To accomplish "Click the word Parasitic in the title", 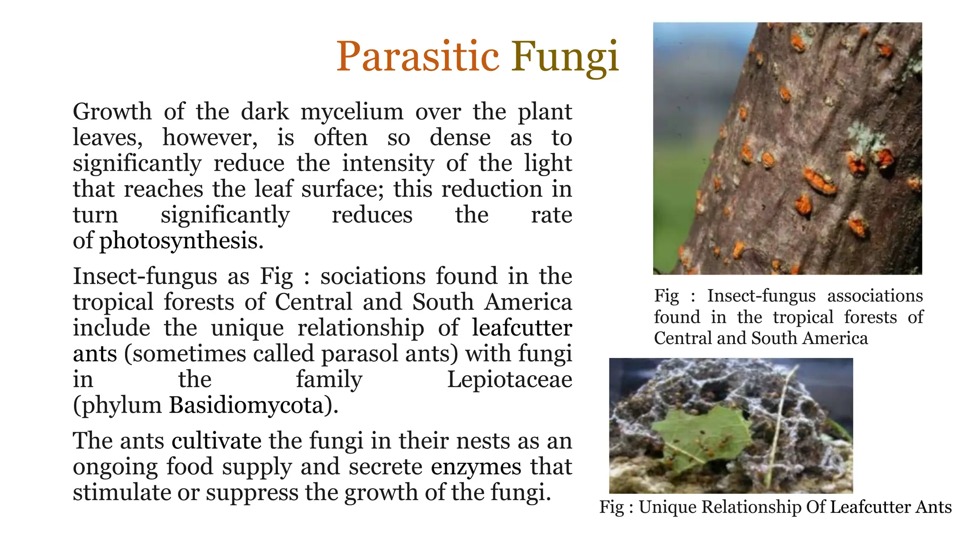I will [x=418, y=57].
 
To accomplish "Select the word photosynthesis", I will [x=181, y=241].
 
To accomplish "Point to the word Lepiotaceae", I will [x=509, y=379].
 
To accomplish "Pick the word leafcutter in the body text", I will [x=522, y=328].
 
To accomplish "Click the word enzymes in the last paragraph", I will [x=476, y=467].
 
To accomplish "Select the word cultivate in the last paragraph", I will [x=216, y=441].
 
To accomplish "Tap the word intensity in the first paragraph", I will [x=388, y=164].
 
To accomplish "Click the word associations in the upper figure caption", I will [x=875, y=296].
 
